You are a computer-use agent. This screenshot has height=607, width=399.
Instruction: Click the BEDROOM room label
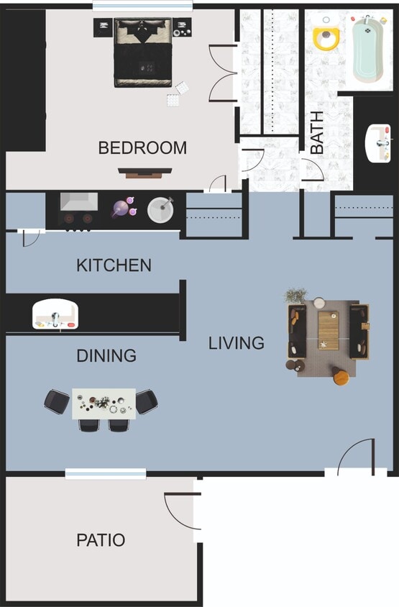tap(142, 148)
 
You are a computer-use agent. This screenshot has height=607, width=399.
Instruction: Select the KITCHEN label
tap(114, 265)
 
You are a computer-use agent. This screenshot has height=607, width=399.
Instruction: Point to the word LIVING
tap(236, 343)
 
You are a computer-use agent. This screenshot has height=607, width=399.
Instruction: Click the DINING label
tap(106, 356)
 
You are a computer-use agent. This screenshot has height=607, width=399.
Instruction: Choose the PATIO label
tap(101, 540)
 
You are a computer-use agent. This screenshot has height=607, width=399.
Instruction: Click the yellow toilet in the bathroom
tap(326, 37)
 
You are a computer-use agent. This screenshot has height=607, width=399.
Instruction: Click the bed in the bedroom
tap(143, 54)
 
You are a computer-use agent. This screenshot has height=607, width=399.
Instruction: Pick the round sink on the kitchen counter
tap(161, 209)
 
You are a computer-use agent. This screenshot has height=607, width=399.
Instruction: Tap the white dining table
tap(104, 403)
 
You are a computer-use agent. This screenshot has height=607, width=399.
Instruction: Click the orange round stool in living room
tap(340, 375)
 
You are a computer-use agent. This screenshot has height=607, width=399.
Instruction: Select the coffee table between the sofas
tap(329, 330)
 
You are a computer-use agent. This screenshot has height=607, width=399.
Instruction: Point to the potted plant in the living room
tap(295, 295)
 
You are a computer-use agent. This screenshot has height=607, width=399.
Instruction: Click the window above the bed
tap(122, 7)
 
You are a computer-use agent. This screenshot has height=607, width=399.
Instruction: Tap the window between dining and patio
tap(106, 473)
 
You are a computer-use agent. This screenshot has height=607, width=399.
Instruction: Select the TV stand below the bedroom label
tap(145, 173)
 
